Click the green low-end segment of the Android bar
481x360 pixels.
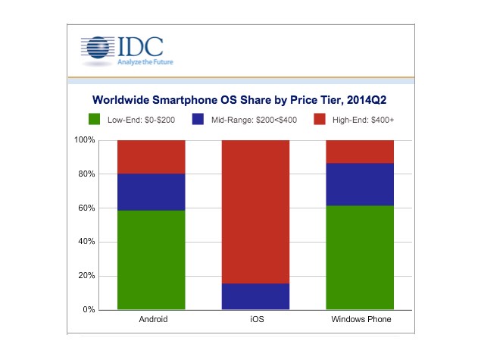151,260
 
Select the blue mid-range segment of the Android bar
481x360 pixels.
151,192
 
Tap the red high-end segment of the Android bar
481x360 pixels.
151,157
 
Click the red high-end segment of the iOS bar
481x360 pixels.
255,211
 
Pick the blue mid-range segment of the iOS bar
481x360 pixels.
255,296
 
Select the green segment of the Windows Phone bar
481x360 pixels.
360,258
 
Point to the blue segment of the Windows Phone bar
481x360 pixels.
360,184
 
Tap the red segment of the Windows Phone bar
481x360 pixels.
360,152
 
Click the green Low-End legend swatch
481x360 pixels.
95,119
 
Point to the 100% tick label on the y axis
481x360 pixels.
84,140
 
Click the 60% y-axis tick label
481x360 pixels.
86,208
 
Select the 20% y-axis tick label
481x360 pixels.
86,276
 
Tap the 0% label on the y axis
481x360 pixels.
89,310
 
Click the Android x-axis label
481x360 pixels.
151,321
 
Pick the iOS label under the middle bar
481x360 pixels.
255,321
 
